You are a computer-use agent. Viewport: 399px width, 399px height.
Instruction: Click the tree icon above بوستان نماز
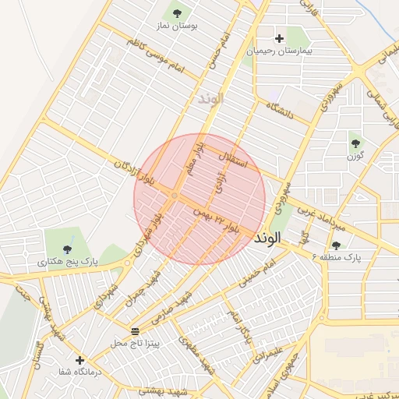click(177, 12)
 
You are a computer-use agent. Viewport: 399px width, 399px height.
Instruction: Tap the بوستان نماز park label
click(177, 26)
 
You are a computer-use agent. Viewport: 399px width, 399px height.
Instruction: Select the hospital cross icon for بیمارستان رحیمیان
click(279, 38)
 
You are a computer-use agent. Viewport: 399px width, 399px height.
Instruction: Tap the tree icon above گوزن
click(356, 143)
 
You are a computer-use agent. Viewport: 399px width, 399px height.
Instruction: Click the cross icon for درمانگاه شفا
click(79, 359)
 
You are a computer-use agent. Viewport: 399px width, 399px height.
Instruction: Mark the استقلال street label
click(235, 158)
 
